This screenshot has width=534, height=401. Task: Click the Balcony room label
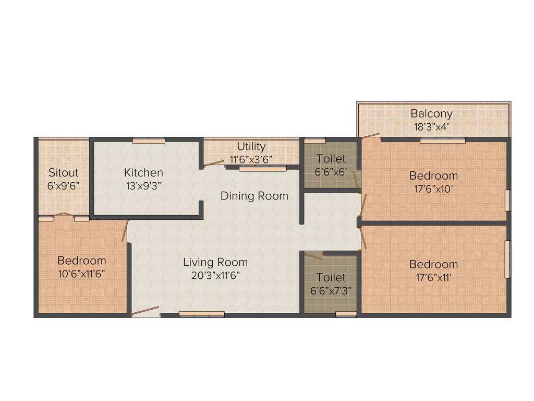click(x=431, y=113)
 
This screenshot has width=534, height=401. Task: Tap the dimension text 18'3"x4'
click(x=431, y=126)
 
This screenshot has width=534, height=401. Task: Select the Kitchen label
click(x=143, y=172)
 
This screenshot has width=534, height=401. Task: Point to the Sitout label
click(x=63, y=172)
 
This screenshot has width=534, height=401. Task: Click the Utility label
click(x=251, y=146)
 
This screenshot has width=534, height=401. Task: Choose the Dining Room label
click(x=254, y=196)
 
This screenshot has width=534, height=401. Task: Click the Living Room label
click(x=215, y=262)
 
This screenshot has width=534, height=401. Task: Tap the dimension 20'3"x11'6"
click(x=215, y=275)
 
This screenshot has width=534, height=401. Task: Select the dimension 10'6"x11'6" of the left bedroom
click(x=82, y=273)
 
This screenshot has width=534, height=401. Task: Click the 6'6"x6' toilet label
click(x=331, y=171)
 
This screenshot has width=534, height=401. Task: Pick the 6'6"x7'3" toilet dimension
click(x=331, y=291)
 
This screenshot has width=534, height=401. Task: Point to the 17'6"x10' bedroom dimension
click(x=433, y=188)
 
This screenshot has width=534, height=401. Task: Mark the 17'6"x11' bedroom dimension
click(x=433, y=277)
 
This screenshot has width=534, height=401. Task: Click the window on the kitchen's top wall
click(x=149, y=140)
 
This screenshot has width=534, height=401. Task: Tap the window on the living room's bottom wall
click(x=201, y=314)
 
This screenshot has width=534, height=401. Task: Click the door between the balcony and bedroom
click(x=371, y=136)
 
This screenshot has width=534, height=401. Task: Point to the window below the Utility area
click(x=263, y=169)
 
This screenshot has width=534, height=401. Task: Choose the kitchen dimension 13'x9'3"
click(x=143, y=185)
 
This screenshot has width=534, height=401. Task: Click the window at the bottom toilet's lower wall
click(x=346, y=314)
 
